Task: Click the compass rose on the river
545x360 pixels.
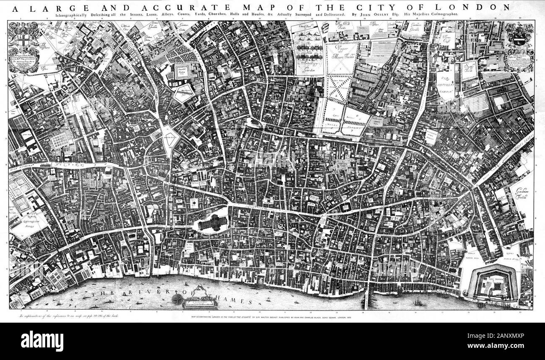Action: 177,299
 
